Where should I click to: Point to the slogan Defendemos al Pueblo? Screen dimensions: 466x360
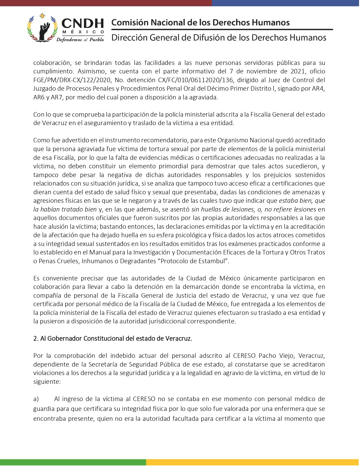[80, 40]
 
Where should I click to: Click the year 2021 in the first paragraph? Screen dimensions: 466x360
[298, 71]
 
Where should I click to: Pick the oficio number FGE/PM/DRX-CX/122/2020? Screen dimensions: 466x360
[72, 80]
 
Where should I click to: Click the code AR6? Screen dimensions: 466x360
[39, 97]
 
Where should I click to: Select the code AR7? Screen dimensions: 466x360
[56, 97]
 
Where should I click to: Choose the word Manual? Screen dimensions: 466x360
[100, 252]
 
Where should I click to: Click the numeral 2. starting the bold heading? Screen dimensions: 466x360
[36, 338]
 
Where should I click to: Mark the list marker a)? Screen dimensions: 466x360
[36, 399]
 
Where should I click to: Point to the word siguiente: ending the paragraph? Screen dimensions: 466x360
[47, 382]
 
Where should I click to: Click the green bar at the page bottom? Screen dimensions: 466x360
[73, 462]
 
